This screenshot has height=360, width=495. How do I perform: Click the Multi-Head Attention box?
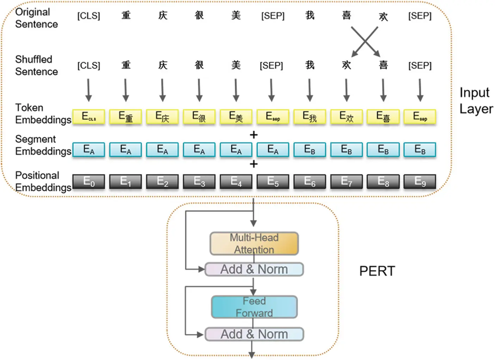[254, 243]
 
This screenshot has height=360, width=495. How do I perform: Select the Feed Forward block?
[254, 307]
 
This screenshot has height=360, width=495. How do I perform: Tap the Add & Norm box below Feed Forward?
[254, 334]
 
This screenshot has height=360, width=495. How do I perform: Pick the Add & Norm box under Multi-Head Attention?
[254, 269]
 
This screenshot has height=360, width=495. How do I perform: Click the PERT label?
[377, 271]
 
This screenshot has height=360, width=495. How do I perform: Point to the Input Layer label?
[476, 101]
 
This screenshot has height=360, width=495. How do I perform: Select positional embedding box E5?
[273, 182]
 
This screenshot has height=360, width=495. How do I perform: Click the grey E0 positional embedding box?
[89, 182]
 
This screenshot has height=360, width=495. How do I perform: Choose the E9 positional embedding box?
[420, 182]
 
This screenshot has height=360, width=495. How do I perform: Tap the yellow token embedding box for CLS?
[89, 117]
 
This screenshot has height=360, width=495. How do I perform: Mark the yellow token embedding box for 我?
[310, 117]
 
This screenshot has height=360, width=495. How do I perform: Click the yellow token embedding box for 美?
[236, 117]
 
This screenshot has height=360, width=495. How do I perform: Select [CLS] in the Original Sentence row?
[89, 16]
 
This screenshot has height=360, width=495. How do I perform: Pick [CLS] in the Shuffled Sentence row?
[89, 66]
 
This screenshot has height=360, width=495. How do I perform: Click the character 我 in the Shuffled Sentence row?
[310, 65]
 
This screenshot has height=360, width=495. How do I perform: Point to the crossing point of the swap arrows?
[365, 42]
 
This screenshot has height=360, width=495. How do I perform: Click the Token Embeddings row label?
[43, 114]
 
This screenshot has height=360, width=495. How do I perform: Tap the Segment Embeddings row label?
[43, 145]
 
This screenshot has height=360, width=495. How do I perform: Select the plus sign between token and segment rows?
[254, 135]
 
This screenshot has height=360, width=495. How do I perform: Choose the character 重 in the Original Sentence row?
[126, 15]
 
